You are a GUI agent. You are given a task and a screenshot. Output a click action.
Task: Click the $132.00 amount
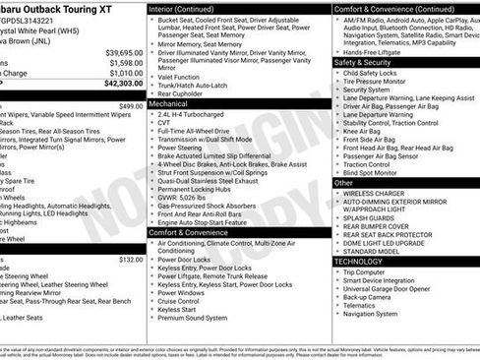[131, 259]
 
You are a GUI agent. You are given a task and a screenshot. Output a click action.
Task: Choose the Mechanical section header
[169, 101]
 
